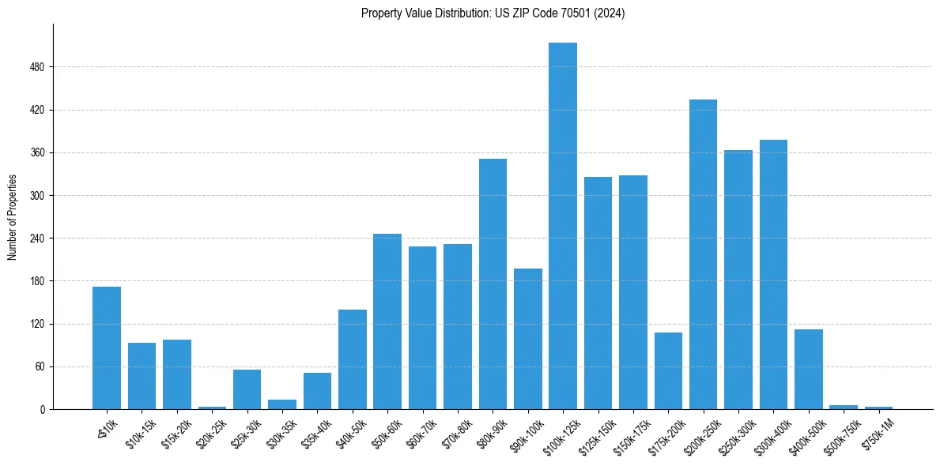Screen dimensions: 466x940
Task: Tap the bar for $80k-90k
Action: pyautogui.click(x=493, y=284)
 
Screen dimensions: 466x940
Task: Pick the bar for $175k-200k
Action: pyautogui.click(x=668, y=371)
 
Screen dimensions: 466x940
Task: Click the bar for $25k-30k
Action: pyautogui.click(x=247, y=389)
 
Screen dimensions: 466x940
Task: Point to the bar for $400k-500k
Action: pyautogui.click(x=809, y=370)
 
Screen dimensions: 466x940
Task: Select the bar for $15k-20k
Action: pyautogui.click(x=177, y=374)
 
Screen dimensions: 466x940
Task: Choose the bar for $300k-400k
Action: pyautogui.click(x=773, y=275)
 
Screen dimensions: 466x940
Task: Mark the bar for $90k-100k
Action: pyautogui.click(x=528, y=339)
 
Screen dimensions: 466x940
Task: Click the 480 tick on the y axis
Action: pyautogui.click(x=43, y=67)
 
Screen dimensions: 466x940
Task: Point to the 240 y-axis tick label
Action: pyautogui.click(x=43, y=239)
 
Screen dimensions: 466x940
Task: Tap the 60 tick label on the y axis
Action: pyautogui.click(x=46, y=367)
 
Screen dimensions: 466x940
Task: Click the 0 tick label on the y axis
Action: pyautogui.click(x=48, y=410)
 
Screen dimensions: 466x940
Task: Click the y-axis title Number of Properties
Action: pyautogui.click(x=12, y=217)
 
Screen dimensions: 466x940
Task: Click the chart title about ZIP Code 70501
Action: pyautogui.click(x=493, y=13)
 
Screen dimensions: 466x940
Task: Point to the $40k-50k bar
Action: pyautogui.click(x=353, y=359)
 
